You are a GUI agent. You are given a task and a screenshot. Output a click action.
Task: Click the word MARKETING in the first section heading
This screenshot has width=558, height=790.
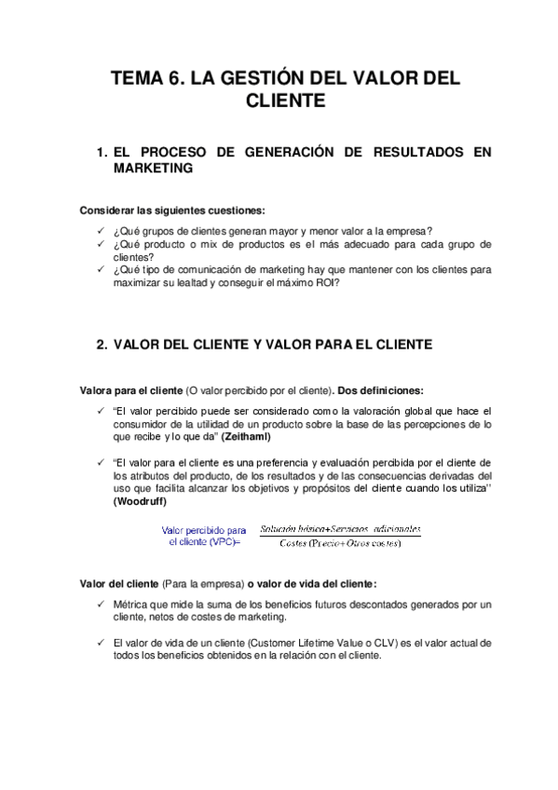point(153,169)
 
